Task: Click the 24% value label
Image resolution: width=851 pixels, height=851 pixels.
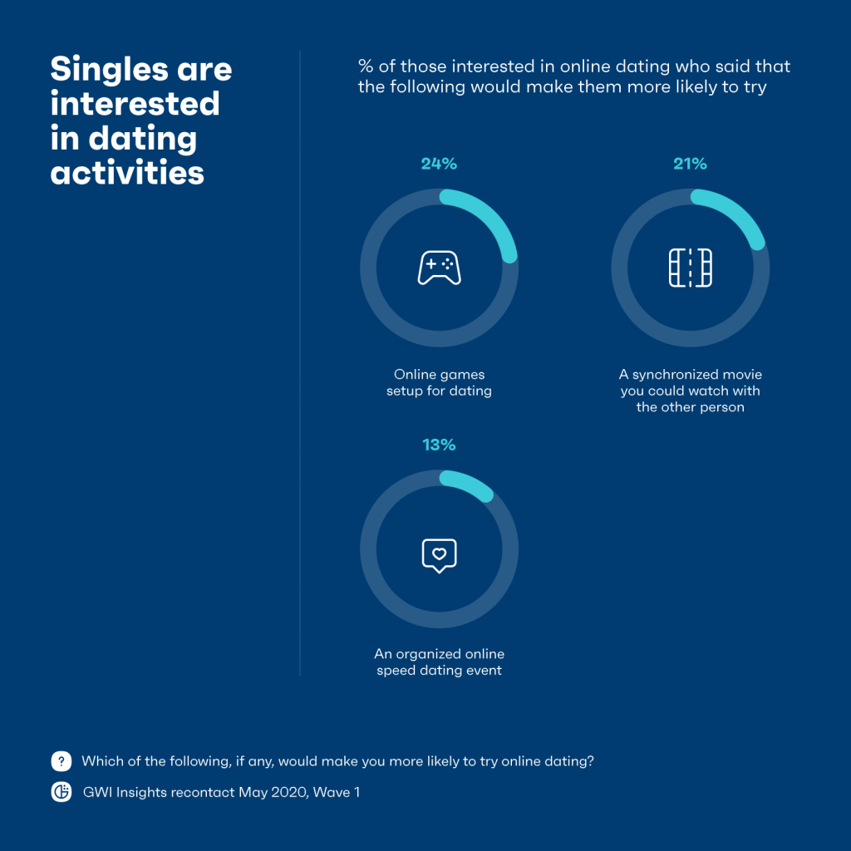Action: click(x=439, y=164)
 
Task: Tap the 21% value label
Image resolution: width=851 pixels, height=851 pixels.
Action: click(x=690, y=164)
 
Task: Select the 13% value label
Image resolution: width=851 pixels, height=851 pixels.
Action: click(x=439, y=445)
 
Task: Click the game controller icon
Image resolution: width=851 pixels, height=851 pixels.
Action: click(x=439, y=268)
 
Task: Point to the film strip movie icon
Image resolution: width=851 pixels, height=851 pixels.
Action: click(x=690, y=268)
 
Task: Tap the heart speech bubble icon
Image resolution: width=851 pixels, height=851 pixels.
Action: click(x=439, y=554)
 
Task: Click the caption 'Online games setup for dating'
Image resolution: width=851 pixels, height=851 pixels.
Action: click(x=439, y=382)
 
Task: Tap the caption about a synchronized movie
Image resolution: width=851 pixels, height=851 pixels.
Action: click(x=690, y=391)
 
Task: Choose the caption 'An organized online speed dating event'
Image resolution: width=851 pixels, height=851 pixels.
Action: click(x=438, y=662)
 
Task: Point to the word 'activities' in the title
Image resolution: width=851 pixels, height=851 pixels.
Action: click(x=127, y=172)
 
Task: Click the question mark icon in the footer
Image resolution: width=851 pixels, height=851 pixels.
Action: click(x=61, y=760)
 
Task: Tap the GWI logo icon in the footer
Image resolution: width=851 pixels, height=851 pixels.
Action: click(x=61, y=792)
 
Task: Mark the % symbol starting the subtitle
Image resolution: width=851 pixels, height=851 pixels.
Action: click(x=366, y=66)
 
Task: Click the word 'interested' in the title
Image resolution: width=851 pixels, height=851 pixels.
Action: click(x=135, y=103)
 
